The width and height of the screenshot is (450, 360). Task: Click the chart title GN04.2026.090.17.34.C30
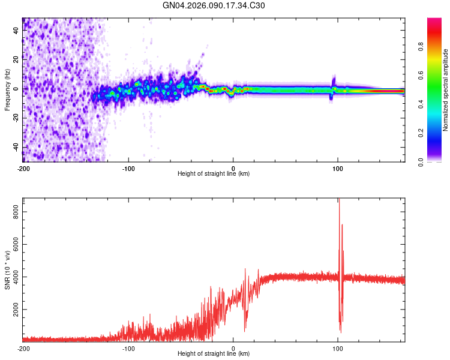coord(214,5)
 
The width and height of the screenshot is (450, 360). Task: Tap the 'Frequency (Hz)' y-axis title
coord(7,89)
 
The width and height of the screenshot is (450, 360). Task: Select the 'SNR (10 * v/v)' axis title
coord(7,268)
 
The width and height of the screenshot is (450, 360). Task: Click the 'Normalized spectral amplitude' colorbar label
coord(445,91)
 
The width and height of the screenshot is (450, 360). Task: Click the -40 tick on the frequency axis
coord(16,148)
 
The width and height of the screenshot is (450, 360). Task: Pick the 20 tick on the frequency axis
coord(16,59)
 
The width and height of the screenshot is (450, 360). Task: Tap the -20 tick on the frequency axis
coord(16,118)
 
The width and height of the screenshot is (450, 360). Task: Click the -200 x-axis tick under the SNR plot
coord(23,349)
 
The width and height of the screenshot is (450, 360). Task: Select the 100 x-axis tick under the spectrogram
coord(338,169)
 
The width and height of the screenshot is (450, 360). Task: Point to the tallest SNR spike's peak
coord(339,200)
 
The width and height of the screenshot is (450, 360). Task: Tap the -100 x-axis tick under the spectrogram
coord(128,169)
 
